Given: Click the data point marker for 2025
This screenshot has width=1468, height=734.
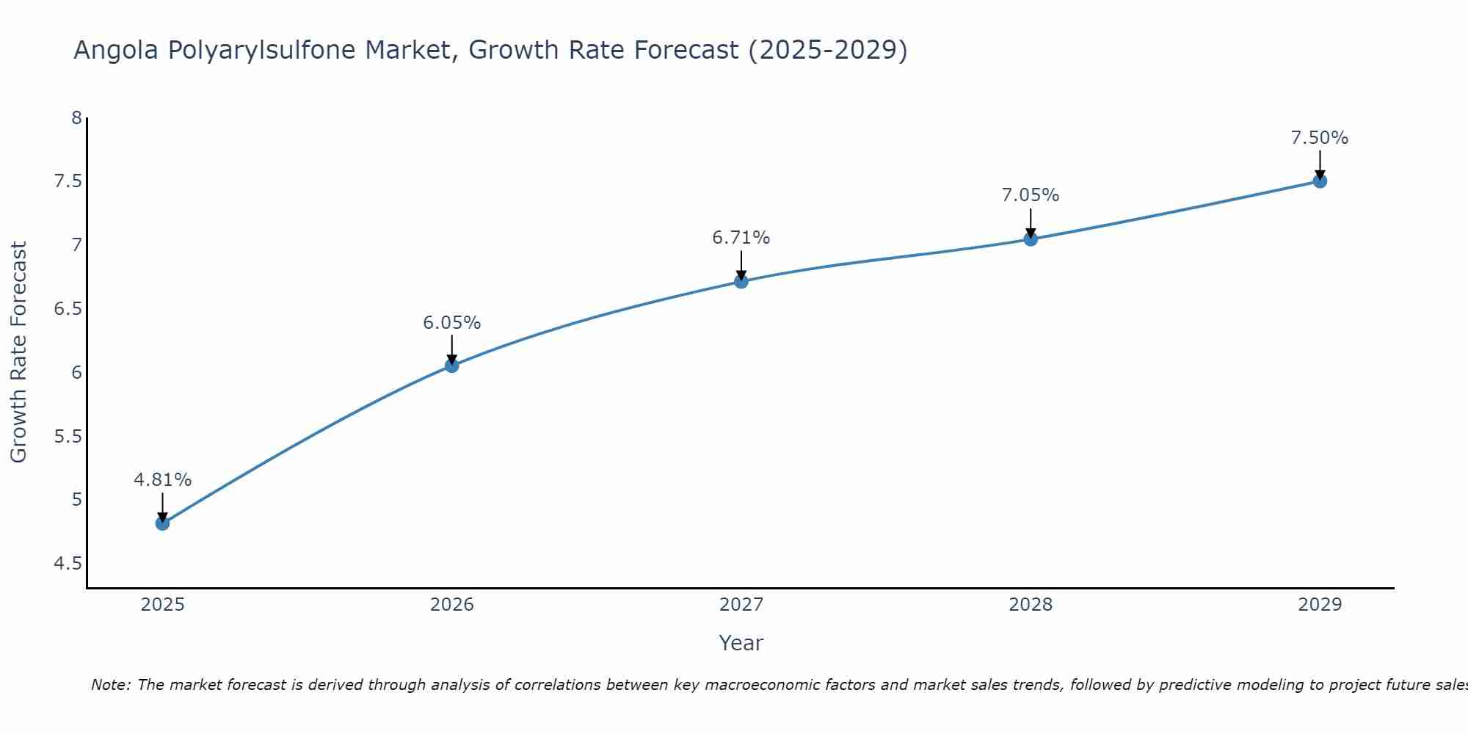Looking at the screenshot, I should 162,523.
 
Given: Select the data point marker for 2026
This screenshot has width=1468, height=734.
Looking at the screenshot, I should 451,366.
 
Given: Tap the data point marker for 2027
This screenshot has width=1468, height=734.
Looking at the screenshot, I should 741,281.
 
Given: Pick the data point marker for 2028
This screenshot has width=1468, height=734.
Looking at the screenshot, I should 1031,239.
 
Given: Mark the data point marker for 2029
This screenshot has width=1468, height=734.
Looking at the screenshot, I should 1320,181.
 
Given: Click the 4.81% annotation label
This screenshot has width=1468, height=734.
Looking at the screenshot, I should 162,480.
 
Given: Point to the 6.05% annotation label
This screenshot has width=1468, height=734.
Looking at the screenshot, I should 451,323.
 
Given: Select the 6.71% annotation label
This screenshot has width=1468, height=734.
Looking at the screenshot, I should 741,238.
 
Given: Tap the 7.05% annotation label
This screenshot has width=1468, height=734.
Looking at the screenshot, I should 1031,195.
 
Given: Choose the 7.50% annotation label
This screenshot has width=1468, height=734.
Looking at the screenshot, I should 1320,138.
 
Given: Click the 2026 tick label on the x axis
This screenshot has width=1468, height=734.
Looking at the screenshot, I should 451,605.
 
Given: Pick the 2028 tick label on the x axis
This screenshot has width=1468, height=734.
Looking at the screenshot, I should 1031,605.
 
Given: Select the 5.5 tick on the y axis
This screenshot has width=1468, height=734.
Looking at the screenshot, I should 68,437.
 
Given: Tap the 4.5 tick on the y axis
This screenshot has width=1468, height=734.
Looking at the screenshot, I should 68,564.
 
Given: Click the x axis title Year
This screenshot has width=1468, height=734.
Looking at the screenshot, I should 741,643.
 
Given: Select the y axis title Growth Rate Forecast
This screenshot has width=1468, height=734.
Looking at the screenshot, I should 19,352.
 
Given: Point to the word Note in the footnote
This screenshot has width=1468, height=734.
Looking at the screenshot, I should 110,685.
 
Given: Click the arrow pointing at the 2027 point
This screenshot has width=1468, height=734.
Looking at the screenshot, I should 741,265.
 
